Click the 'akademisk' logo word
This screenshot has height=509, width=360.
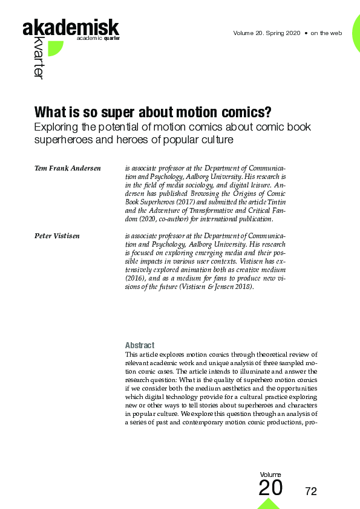pos(71,27)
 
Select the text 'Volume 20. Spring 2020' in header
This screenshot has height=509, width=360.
pos(266,33)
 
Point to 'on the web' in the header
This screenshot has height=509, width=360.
pos(327,33)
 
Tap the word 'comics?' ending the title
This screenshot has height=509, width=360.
pos(245,113)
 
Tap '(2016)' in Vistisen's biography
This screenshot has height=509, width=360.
pos(135,277)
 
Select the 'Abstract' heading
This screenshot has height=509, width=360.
pos(139,345)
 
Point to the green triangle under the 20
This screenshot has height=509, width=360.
pos(269,503)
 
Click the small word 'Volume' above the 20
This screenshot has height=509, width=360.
pos(270,475)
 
